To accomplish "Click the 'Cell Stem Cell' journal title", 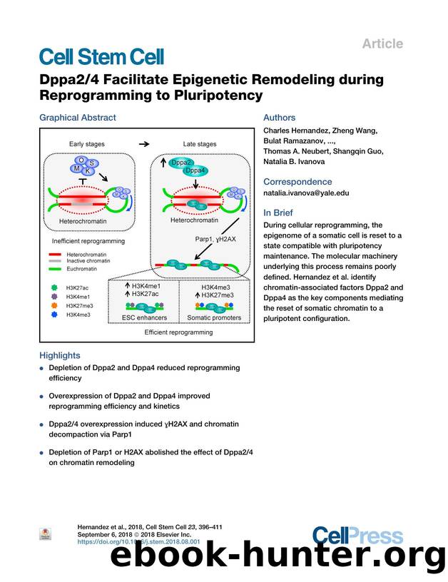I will [x=101, y=58].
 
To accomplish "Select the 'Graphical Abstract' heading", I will [x=77, y=118].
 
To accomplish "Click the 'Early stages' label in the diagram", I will [x=86, y=144].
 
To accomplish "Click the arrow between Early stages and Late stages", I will [x=143, y=143].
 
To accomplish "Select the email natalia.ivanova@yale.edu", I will [x=306, y=193].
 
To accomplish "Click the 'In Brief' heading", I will [x=280, y=213].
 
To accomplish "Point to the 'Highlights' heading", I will [x=60, y=355].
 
